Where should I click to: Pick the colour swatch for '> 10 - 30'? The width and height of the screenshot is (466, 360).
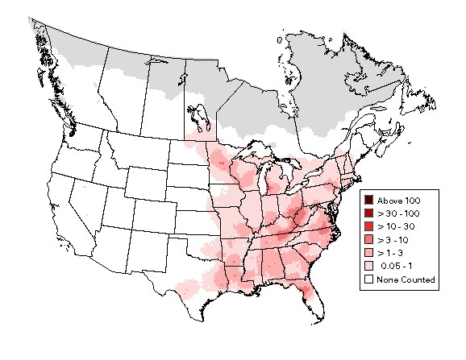point(368,226)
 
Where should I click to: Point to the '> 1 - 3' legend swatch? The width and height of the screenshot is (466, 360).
point(368,253)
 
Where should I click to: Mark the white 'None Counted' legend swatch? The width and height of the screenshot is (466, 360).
point(368,279)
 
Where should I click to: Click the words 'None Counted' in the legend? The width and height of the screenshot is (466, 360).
point(406,279)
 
